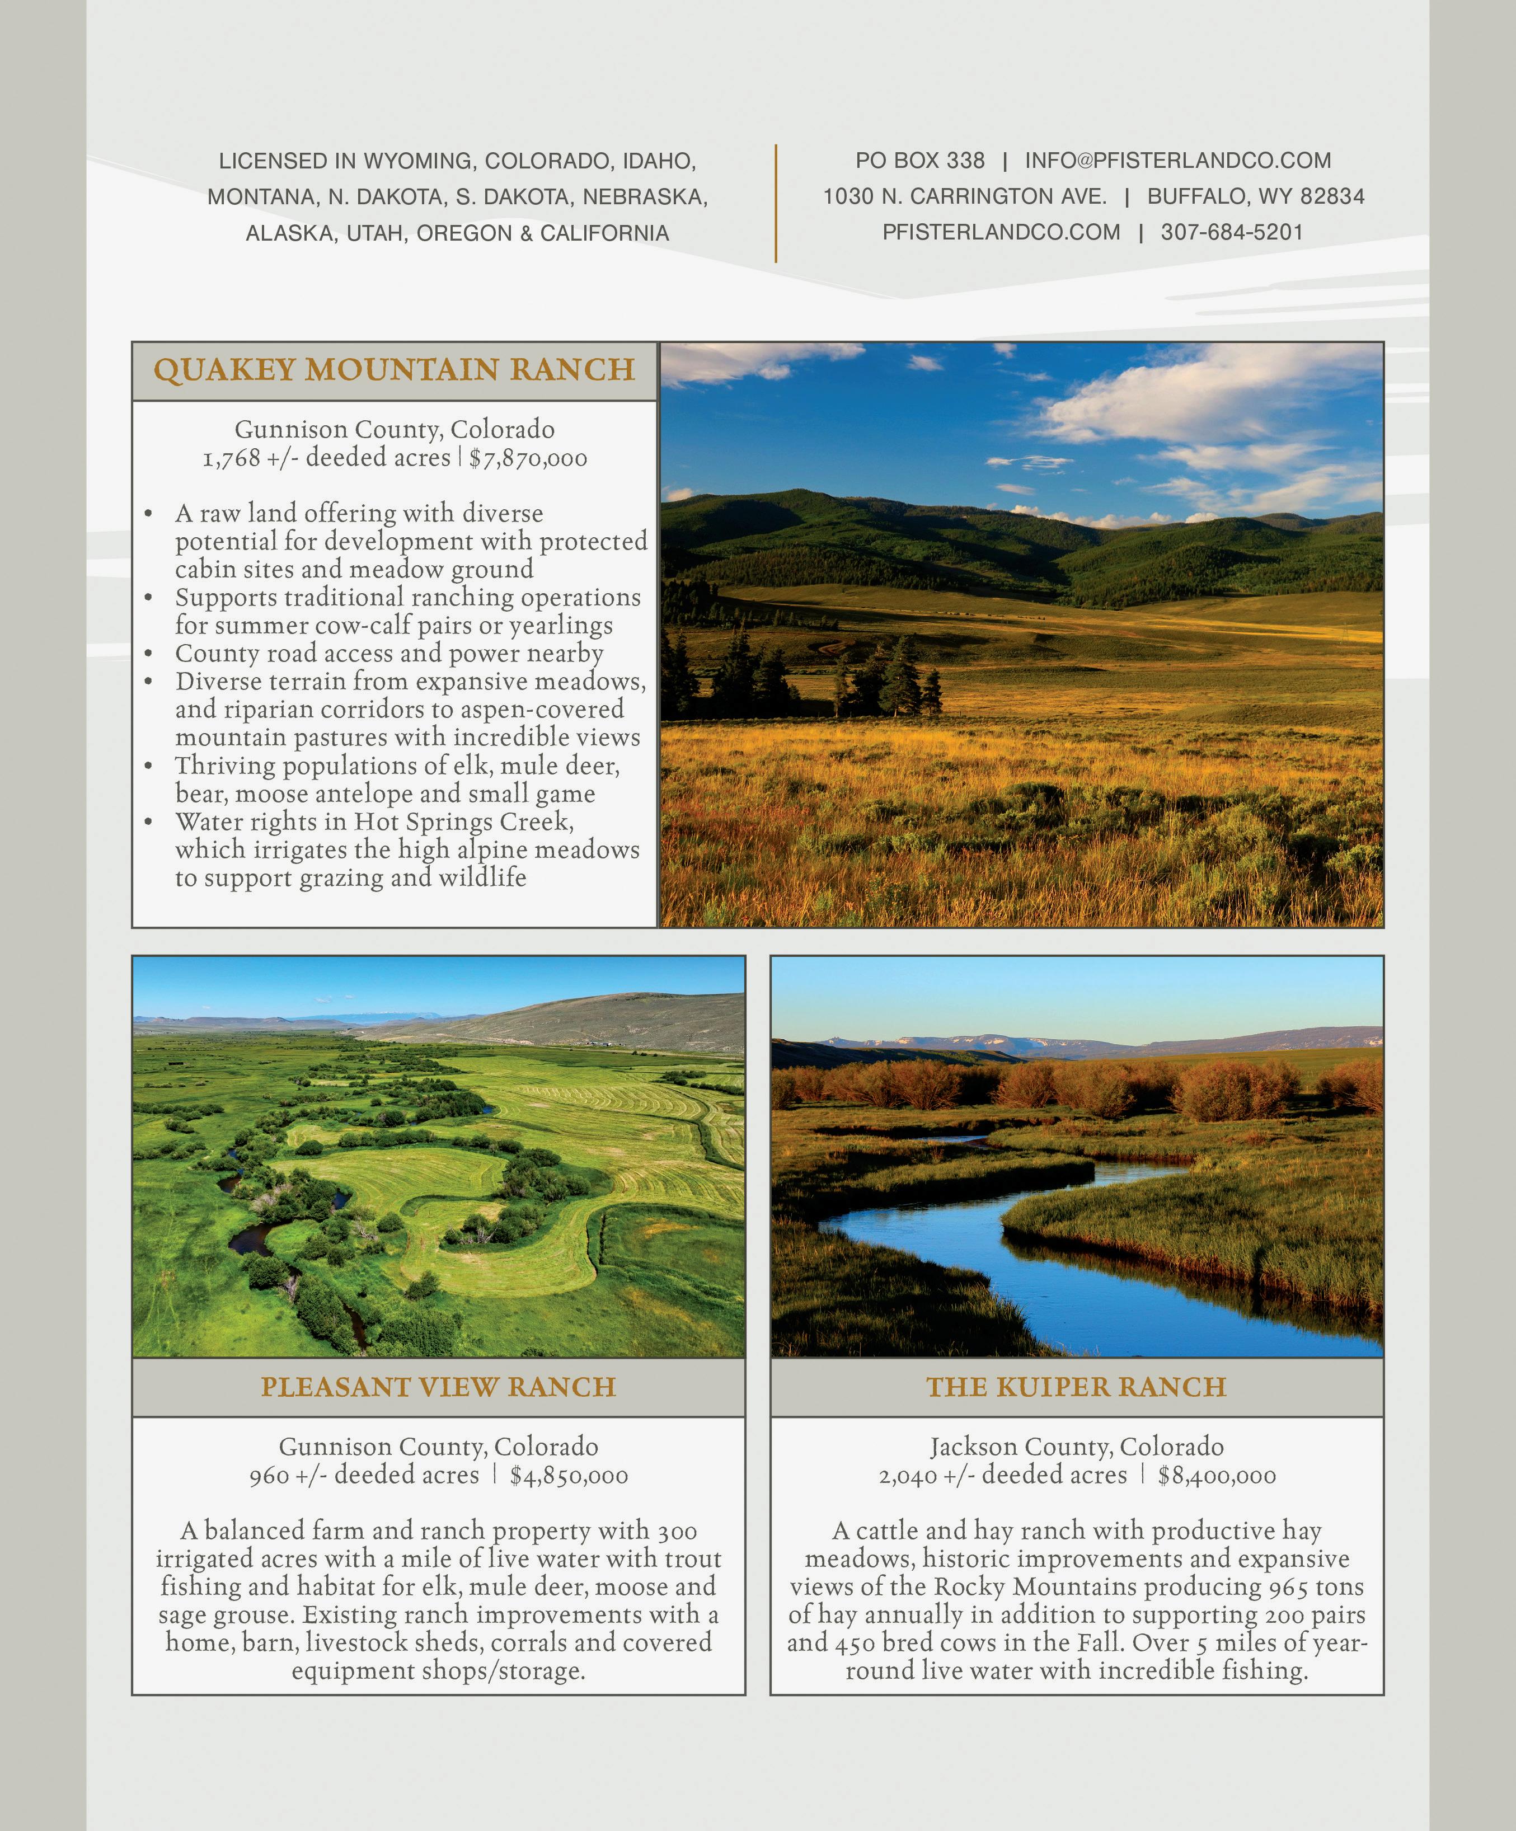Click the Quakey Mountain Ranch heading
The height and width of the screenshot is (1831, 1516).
click(394, 370)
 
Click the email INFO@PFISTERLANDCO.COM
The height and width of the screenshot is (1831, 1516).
click(1178, 161)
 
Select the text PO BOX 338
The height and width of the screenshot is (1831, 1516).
click(919, 161)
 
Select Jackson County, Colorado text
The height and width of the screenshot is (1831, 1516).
click(1077, 1447)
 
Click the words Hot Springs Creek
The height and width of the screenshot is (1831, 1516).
click(463, 822)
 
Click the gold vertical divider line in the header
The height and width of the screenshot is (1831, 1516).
click(775, 203)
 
